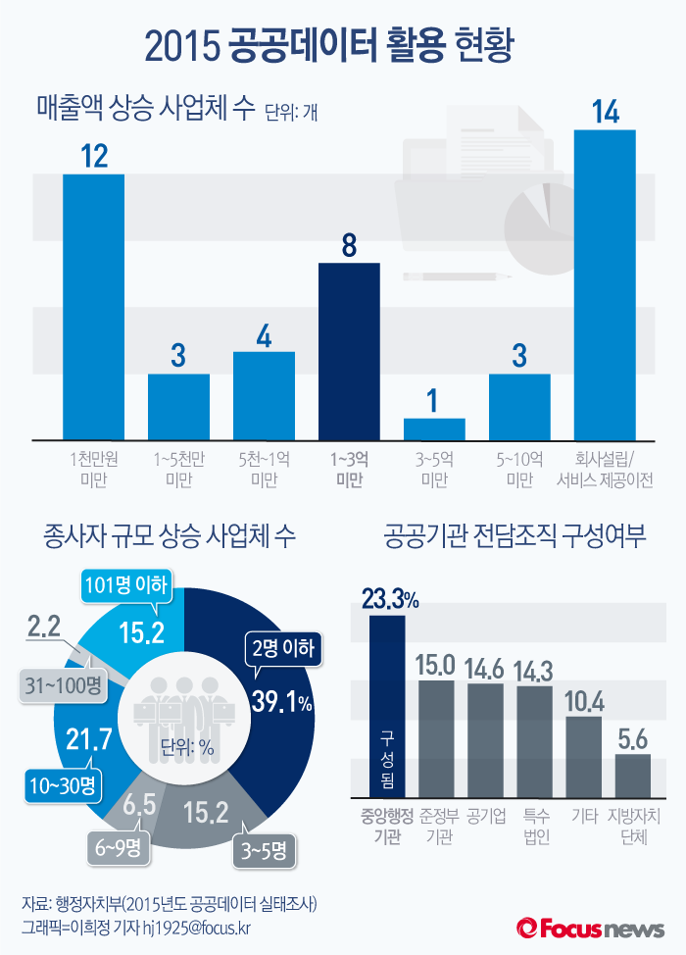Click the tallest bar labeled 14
click(605, 284)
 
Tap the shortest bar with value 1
click(434, 428)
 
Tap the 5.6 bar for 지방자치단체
click(632, 777)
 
